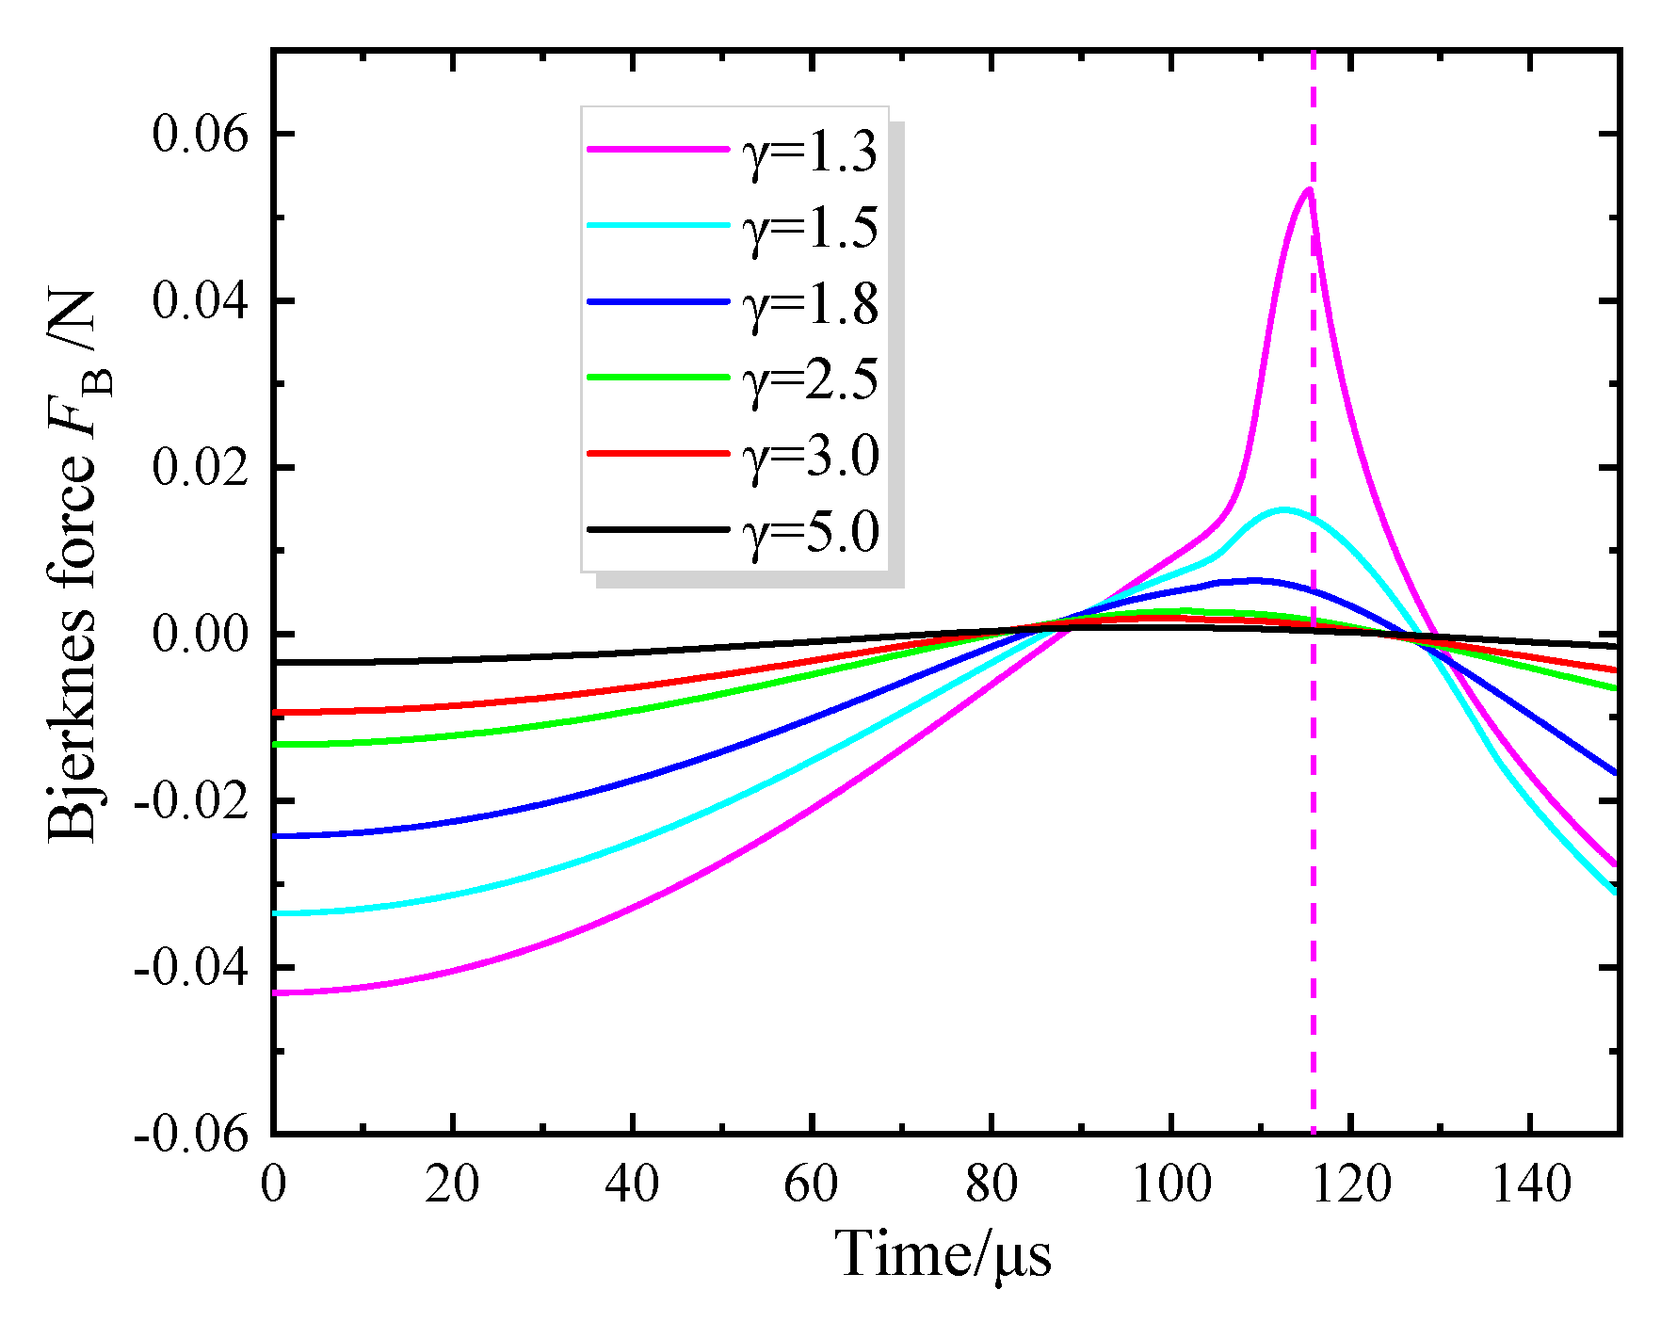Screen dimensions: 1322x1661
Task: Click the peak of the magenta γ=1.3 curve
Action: coord(1309,189)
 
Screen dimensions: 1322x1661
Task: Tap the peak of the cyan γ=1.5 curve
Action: coord(1283,509)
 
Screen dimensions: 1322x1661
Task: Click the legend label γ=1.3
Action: coord(810,151)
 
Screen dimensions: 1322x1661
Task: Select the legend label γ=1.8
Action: coord(810,303)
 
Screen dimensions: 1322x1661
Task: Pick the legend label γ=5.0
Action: coord(810,531)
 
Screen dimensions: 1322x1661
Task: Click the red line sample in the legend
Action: coord(657,454)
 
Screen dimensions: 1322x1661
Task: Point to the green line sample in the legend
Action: coord(657,378)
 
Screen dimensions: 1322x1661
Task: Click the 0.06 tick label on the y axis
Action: coord(200,135)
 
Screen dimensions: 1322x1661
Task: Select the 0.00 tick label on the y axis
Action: coord(200,635)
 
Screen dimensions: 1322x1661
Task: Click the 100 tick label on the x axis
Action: coord(1170,1185)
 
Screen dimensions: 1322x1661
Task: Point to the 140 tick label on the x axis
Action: coord(1530,1185)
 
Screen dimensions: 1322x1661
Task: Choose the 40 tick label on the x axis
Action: coord(632,1185)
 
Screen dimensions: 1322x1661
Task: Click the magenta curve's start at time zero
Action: coord(276,992)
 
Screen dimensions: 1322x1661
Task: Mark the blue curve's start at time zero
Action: coord(276,836)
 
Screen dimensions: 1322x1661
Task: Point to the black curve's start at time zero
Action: coord(276,663)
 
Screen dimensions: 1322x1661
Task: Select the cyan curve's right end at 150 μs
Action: coord(1616,891)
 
